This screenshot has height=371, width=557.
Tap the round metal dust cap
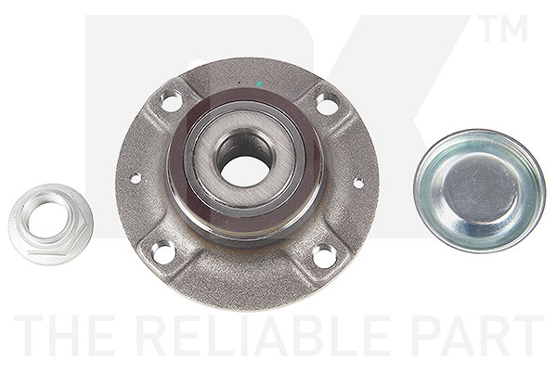(479, 191)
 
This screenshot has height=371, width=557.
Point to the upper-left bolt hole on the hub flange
(171, 100)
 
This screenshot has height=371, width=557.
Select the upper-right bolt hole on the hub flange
(327, 103)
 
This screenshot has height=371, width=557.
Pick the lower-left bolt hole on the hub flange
(162, 251)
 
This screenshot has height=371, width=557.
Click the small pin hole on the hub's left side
(136, 178)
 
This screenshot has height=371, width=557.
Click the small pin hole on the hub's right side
(358, 184)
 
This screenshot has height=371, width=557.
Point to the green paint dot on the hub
(259, 84)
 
